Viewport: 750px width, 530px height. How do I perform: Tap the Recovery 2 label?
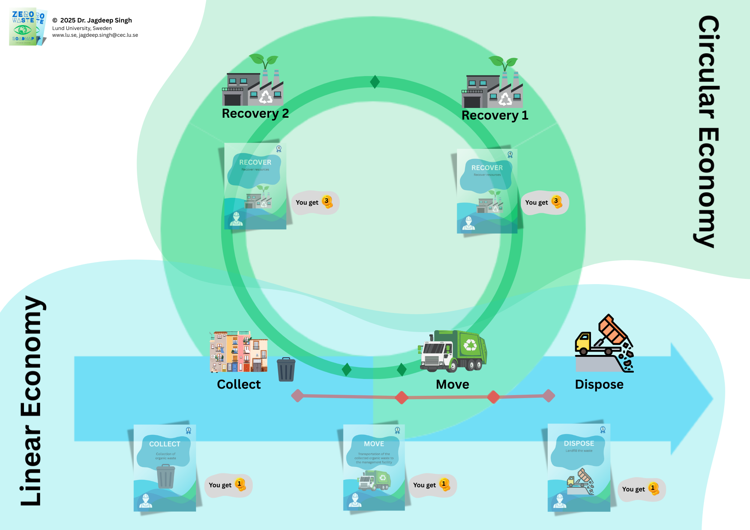point(255,113)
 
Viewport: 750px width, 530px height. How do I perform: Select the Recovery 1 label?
point(495,115)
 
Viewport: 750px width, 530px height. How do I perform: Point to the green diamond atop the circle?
point(375,82)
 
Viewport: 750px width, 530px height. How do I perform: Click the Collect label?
point(238,385)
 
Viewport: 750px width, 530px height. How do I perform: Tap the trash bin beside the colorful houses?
point(286,370)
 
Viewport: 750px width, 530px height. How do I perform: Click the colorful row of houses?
point(238,352)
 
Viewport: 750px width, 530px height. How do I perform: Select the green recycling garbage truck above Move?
point(453,351)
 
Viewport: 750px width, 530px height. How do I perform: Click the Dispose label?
point(599,385)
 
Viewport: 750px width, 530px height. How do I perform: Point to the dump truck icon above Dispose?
point(604,344)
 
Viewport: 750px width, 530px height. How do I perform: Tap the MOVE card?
point(374,467)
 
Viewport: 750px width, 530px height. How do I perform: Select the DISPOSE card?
point(579,467)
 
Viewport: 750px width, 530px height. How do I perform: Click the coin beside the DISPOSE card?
point(653,488)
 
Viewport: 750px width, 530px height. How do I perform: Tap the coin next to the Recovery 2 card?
point(327,202)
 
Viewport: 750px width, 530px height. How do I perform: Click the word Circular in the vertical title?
point(708,67)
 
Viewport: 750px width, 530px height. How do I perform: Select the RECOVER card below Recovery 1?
point(487,191)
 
